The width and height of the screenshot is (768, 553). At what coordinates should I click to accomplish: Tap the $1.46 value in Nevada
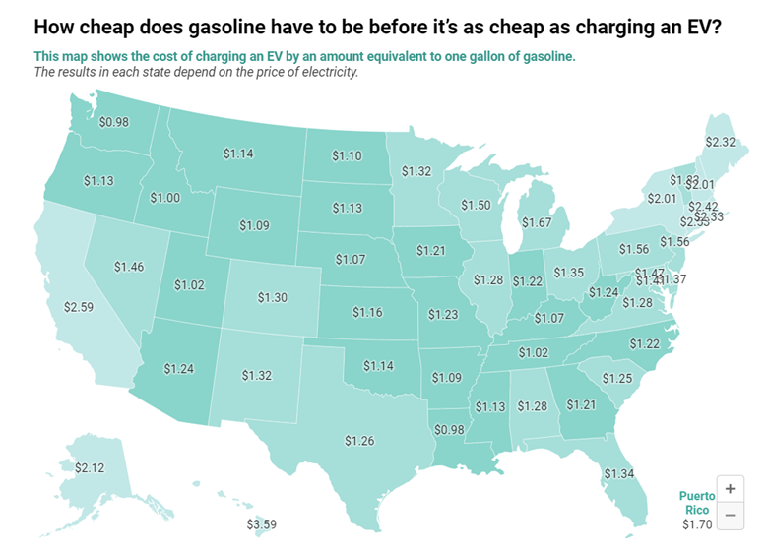pyautogui.click(x=129, y=266)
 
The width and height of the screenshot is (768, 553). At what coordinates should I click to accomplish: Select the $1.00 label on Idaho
pyautogui.click(x=164, y=198)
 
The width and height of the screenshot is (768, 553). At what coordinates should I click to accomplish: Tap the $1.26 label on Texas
pyautogui.click(x=360, y=440)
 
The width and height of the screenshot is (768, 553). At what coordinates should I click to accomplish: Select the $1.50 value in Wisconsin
pyautogui.click(x=476, y=205)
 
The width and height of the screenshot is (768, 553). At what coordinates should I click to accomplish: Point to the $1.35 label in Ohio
pyautogui.click(x=568, y=272)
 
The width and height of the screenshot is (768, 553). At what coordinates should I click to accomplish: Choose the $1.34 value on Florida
pyautogui.click(x=618, y=475)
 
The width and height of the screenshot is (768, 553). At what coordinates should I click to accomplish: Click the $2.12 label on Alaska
pyautogui.click(x=90, y=465)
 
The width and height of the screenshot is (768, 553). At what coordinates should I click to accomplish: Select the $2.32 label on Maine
pyautogui.click(x=720, y=142)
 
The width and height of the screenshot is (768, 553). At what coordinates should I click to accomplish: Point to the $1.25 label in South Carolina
pyautogui.click(x=617, y=379)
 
